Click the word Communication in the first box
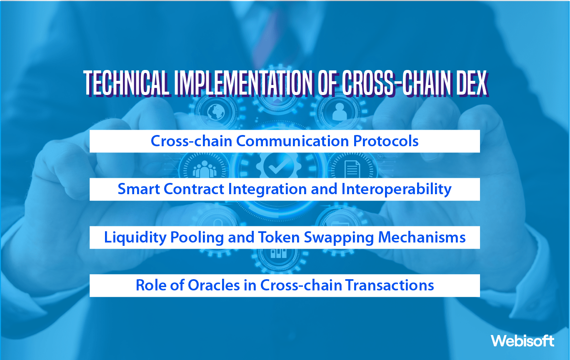tap(293, 141)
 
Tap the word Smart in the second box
tap(139, 189)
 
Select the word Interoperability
tap(397, 189)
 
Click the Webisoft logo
tap(522, 341)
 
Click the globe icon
tap(217, 112)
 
